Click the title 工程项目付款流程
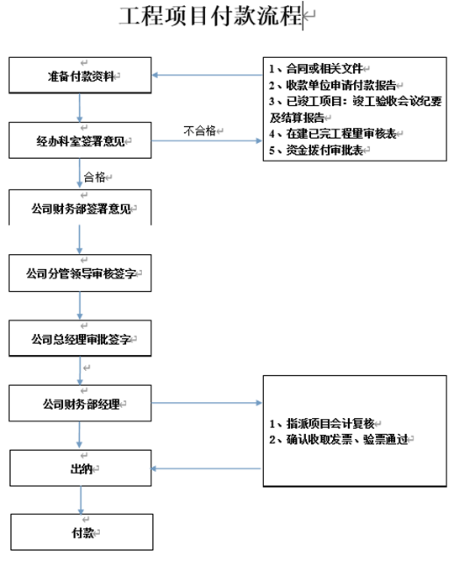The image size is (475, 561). point(210,16)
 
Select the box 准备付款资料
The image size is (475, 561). point(81,77)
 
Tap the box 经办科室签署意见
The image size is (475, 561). point(81,140)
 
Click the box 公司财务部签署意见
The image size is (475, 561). point(81,208)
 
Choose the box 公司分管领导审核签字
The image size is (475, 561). point(81,273)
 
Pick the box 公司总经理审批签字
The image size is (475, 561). point(81,339)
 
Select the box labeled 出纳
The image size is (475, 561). point(81,468)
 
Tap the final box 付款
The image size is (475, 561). point(81,532)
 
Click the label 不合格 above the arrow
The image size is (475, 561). point(200,131)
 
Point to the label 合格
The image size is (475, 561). point(95,177)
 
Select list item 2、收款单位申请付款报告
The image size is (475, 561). point(333,85)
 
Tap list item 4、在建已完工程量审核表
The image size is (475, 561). point(333,133)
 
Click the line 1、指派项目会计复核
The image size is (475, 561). point(321,422)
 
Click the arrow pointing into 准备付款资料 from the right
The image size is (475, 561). point(206,77)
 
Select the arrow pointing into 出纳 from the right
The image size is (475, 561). point(206,468)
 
